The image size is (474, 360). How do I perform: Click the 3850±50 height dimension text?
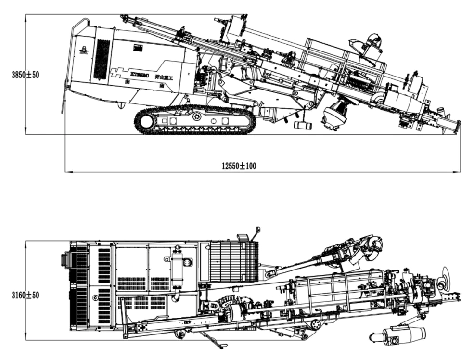pyautogui.click(x=26, y=75)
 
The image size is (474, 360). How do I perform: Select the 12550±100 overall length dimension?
pyautogui.click(x=239, y=166)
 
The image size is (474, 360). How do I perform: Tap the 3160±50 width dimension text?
pyautogui.click(x=26, y=295)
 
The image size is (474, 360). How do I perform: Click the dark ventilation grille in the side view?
pyautogui.click(x=101, y=59)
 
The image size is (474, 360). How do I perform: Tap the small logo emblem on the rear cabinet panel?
pyautogui.click(x=83, y=51)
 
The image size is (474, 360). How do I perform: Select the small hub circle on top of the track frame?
pyautogui.click(x=196, y=116)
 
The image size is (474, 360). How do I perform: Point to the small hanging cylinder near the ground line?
pyautogui.click(x=303, y=126)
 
